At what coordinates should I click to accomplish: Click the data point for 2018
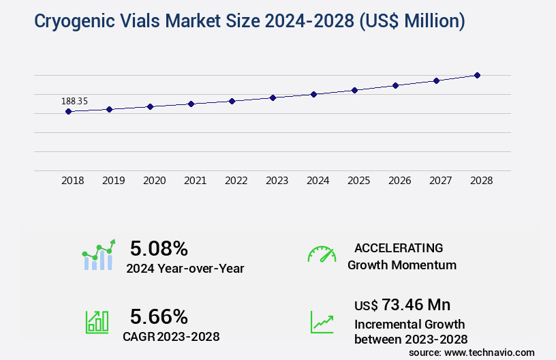coord(68,111)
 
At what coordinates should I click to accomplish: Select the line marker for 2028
coord(477,75)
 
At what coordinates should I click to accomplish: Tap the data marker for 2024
coord(313,94)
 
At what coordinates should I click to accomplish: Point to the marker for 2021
coord(191,104)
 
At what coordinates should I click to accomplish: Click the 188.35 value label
coord(74,102)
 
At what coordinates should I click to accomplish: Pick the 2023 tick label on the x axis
coord(277,181)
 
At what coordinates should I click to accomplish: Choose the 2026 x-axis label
coord(399,181)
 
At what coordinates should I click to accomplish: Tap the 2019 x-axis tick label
coord(113,181)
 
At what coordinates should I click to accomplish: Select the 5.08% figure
coord(159,248)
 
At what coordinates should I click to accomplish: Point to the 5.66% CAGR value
coord(159,316)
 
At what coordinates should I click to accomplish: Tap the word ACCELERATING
coord(399,248)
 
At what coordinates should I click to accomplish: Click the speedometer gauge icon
coord(322,254)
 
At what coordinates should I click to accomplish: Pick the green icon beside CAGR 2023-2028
coord(97,322)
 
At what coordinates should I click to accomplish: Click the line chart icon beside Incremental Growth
coord(322,322)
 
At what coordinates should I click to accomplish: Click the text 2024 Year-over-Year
coord(185,269)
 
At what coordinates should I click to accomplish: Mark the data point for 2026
coord(395,85)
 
